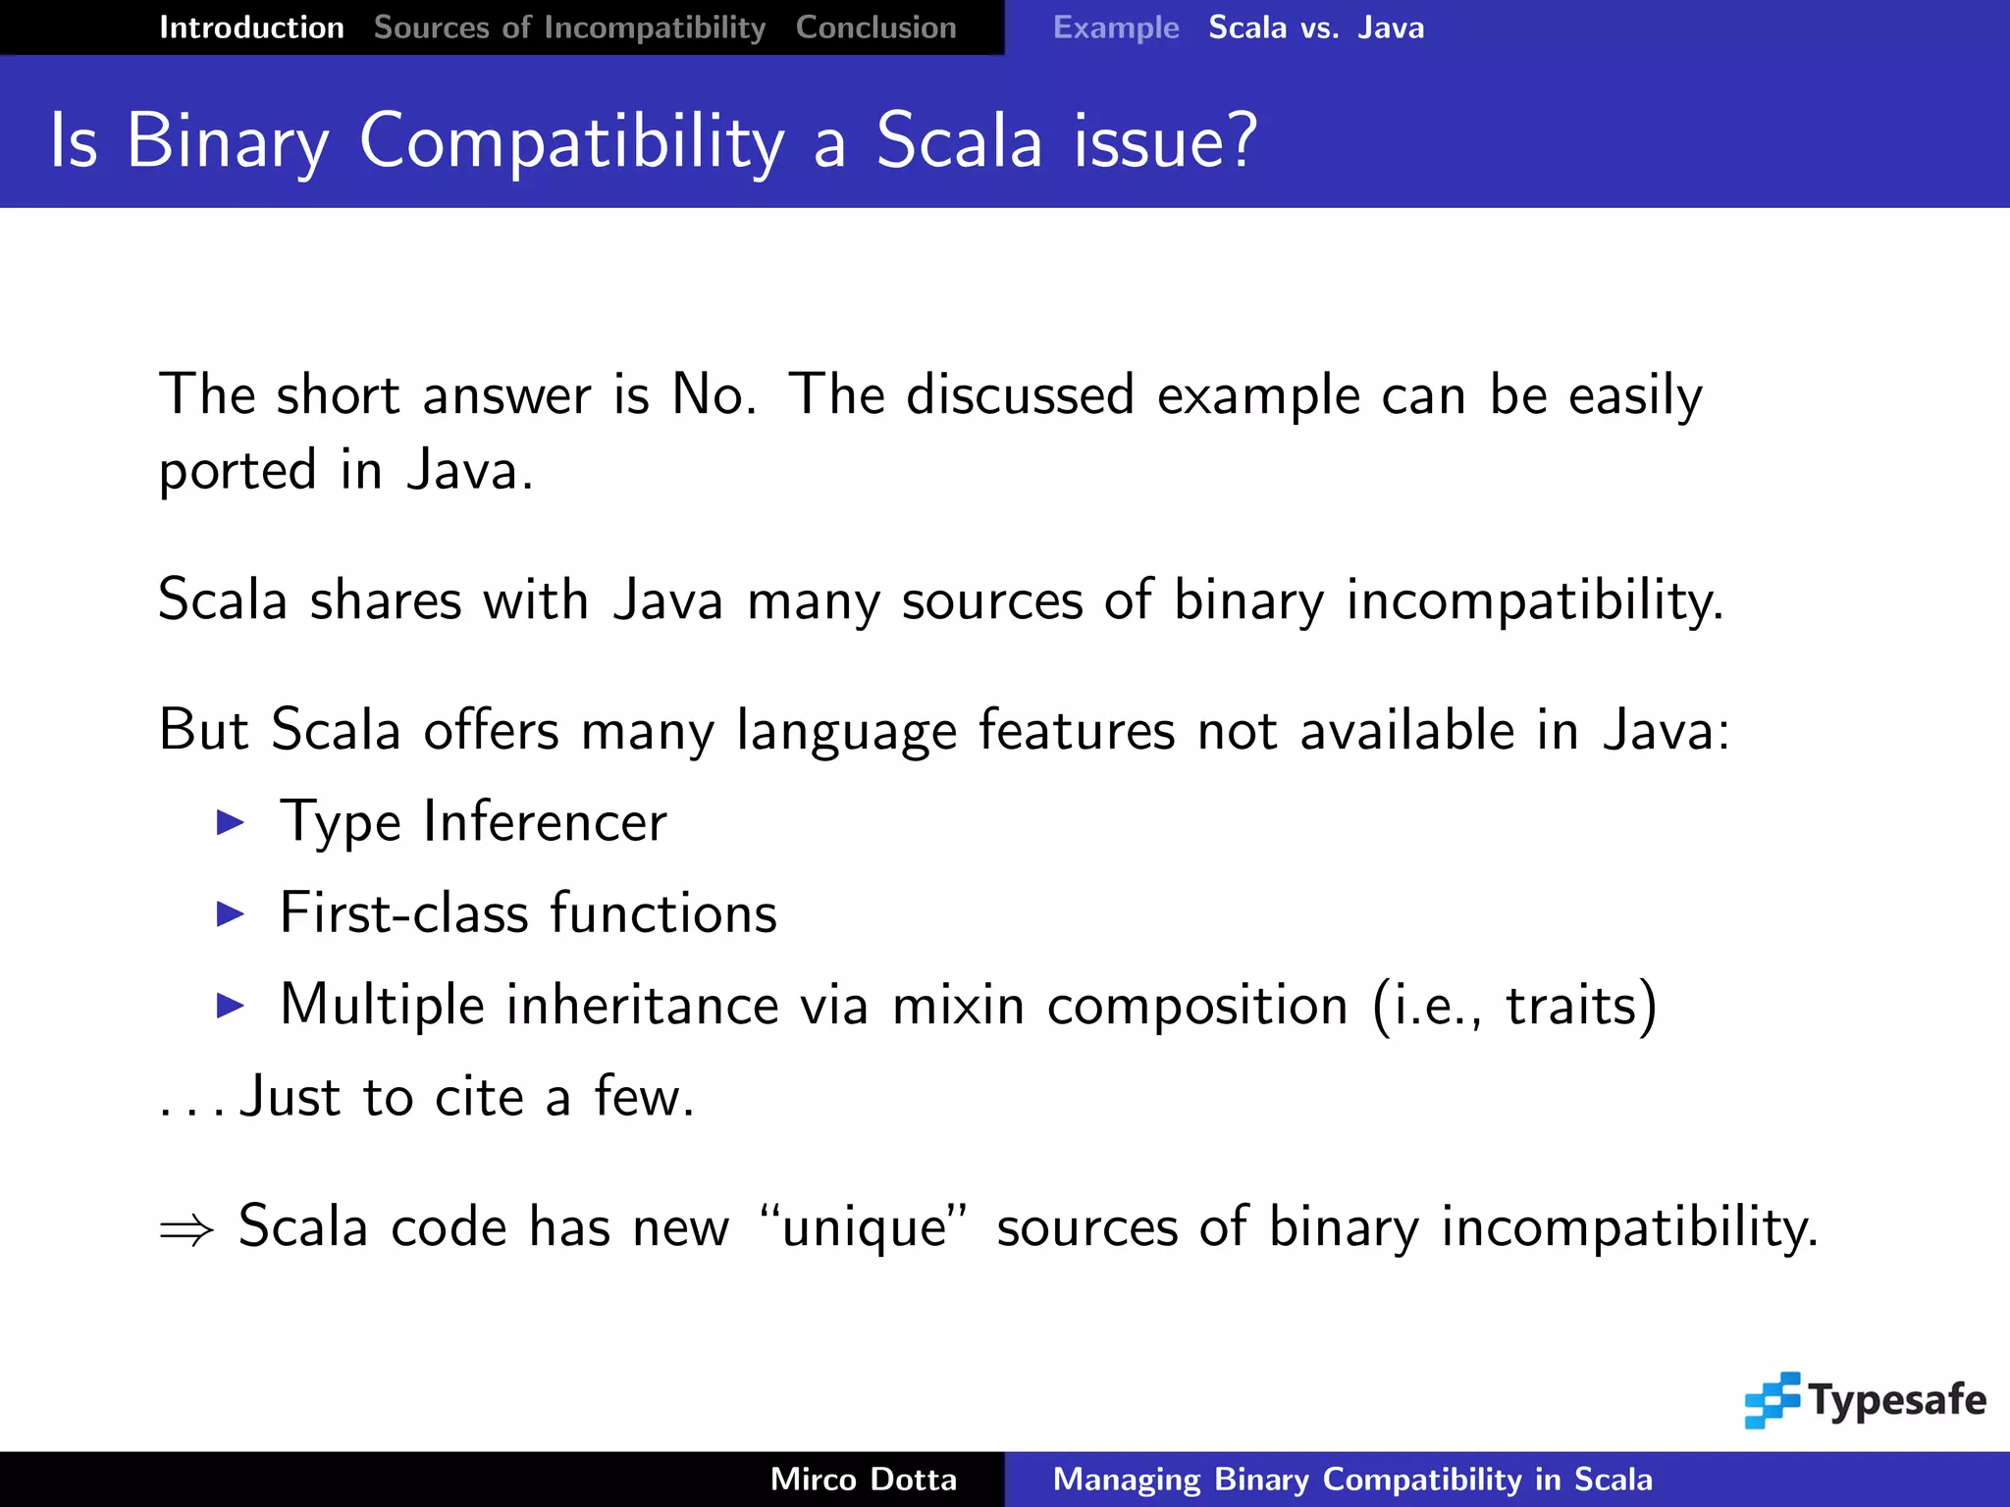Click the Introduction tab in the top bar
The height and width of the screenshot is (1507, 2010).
(x=251, y=27)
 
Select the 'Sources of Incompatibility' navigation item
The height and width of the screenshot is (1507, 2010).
(x=569, y=27)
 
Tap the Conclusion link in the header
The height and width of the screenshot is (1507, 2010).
(x=875, y=27)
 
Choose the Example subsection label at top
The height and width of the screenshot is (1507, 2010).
(x=1115, y=27)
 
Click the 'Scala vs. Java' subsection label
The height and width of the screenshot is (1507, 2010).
(x=1316, y=27)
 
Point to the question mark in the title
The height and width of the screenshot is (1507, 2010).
(x=1241, y=140)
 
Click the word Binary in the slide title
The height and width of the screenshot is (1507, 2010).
(x=228, y=142)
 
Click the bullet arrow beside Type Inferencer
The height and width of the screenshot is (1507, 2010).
(x=230, y=822)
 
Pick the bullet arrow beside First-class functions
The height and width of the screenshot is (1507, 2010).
(x=230, y=914)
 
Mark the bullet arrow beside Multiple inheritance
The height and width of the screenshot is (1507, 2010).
(x=230, y=1006)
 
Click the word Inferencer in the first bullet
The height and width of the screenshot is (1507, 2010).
(x=545, y=822)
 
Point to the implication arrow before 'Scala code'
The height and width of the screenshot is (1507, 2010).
(x=186, y=1229)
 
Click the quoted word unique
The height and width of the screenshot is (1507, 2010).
(x=864, y=1228)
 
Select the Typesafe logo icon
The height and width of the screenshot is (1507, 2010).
(x=1772, y=1399)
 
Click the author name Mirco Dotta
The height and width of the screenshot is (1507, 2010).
(x=863, y=1480)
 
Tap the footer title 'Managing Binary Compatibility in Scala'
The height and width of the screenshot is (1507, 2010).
(x=1351, y=1480)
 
